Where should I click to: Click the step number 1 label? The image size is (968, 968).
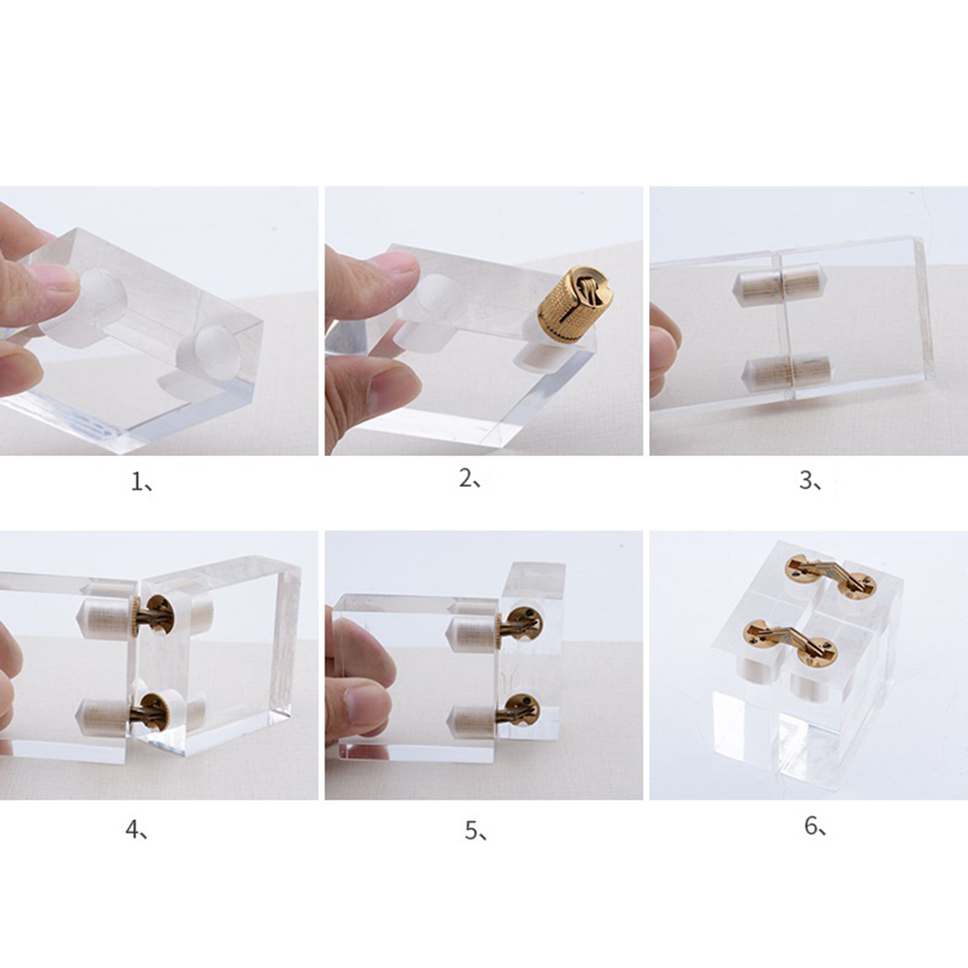coord(141,481)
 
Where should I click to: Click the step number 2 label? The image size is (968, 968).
coord(470,478)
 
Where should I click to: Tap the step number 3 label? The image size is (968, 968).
coord(810,480)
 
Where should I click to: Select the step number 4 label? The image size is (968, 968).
coord(136,830)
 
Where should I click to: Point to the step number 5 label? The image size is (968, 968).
coord(476,831)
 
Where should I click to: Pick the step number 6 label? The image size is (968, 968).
coord(815,826)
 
